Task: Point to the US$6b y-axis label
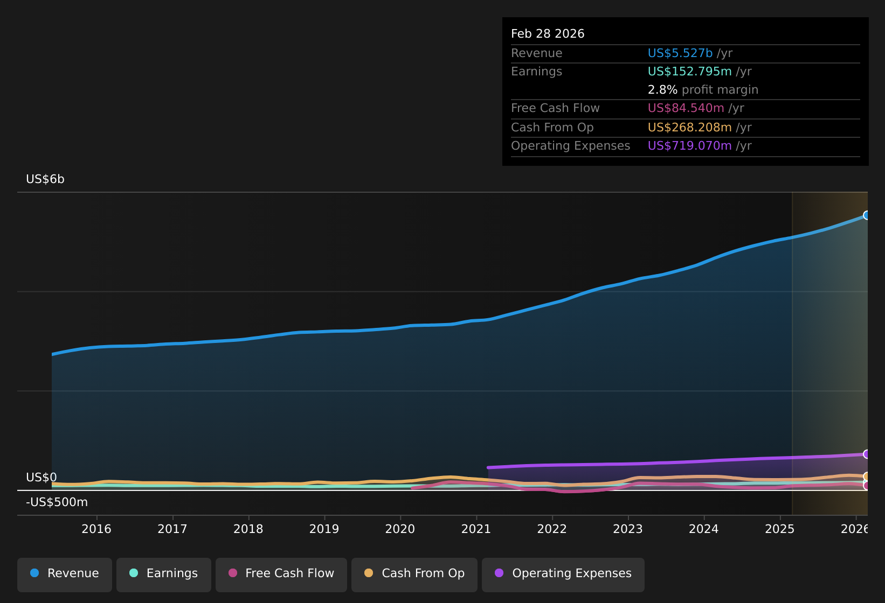(45, 179)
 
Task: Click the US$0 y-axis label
(41, 478)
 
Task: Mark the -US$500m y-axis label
(57, 502)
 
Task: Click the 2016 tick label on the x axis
(96, 529)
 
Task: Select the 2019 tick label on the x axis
(324, 529)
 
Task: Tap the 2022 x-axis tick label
(552, 529)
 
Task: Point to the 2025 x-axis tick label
(780, 529)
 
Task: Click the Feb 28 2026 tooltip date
(548, 34)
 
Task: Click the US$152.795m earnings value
(689, 72)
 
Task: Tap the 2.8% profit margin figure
(662, 90)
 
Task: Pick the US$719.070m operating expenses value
(689, 146)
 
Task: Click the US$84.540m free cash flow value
(686, 108)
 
